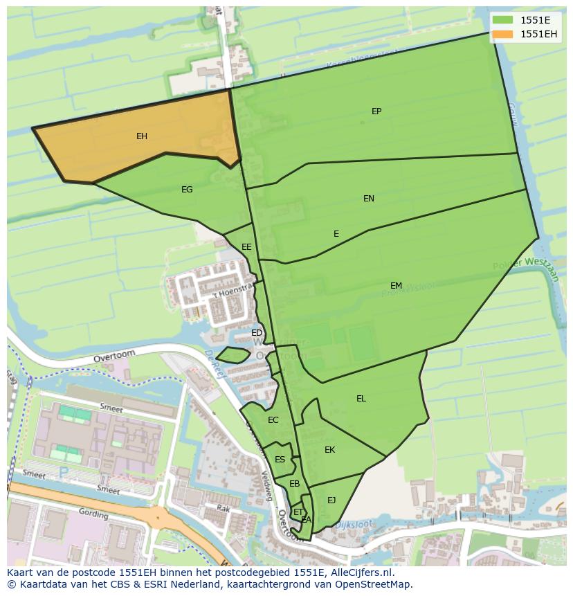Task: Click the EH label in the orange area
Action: coord(142,136)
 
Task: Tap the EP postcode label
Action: coord(376,111)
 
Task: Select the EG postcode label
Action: coord(187,190)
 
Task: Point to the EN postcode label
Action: coord(369,199)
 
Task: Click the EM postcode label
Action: coord(396,286)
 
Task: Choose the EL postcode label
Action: coord(361,399)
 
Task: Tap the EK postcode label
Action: coord(330,450)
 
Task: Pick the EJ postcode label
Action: coord(331,500)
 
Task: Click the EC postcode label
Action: coord(273,420)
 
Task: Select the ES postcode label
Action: coord(280,460)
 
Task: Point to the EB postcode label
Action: coord(295,484)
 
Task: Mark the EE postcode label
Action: coord(246,247)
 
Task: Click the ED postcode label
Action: coord(257,333)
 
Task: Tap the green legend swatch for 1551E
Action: coord(503,20)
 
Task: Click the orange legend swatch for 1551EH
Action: coord(503,34)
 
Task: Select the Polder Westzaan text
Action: coord(525,264)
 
